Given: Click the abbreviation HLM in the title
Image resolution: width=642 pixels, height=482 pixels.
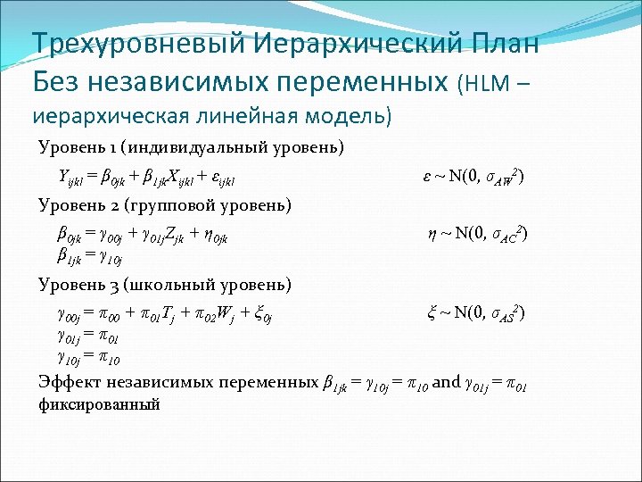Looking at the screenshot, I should (x=485, y=85).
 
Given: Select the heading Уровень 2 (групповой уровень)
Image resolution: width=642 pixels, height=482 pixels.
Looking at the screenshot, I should (x=165, y=206).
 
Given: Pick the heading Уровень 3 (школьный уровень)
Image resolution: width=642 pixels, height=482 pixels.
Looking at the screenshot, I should (x=164, y=285).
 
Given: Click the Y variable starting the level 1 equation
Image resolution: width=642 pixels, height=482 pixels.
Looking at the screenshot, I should (x=63, y=176).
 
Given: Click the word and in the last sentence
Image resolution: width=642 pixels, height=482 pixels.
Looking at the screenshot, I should (x=445, y=382).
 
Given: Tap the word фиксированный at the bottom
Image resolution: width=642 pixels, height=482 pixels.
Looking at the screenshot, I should (x=99, y=404).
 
